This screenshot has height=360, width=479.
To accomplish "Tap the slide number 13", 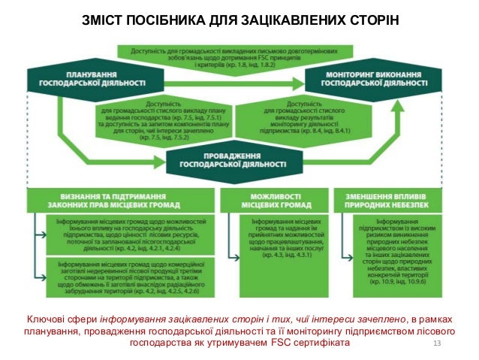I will tap(440, 343).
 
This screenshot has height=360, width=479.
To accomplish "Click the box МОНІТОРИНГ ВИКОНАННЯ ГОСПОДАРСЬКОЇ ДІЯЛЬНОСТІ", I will tap(372, 77).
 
